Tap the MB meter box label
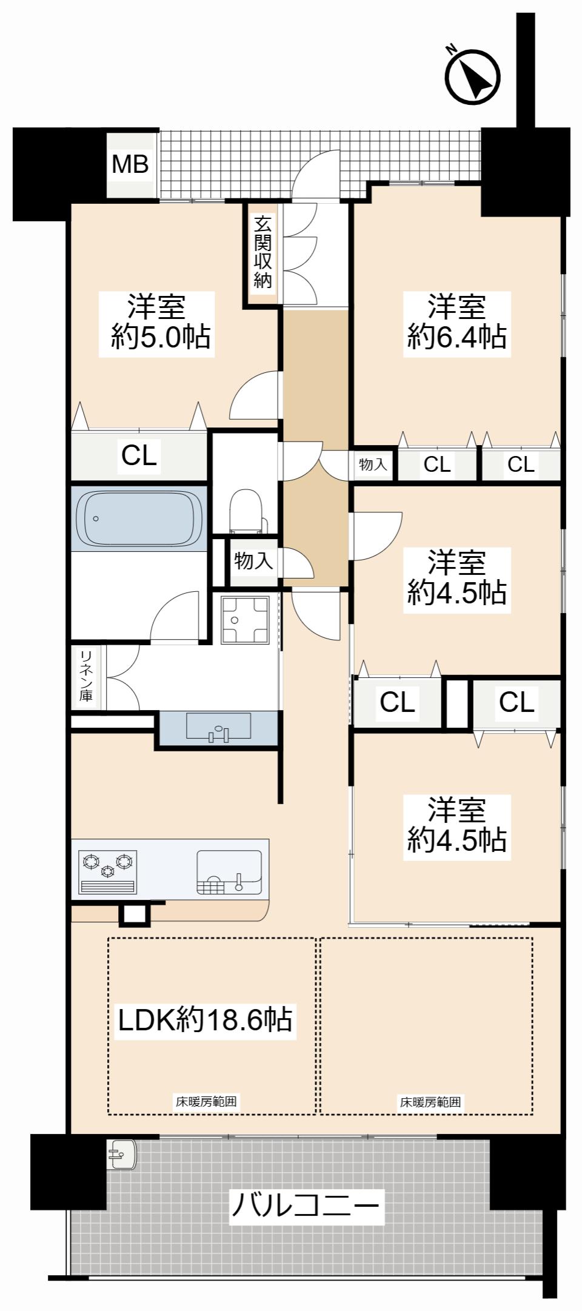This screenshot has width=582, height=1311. coord(130,164)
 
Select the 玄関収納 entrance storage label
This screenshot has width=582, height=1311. coord(263,252)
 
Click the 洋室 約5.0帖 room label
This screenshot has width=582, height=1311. coord(156,323)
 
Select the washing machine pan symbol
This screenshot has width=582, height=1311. coord(245,620)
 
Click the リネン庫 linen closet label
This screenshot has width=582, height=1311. coord(86,676)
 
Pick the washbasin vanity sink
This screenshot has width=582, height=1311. coord(218,726)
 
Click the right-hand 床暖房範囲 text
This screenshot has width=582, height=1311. coord(430,1102)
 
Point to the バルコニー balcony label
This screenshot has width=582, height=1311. coord(307,1205)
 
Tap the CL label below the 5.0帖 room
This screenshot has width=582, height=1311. coord(139,455)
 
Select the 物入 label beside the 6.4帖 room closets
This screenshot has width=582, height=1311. coord(373,465)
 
